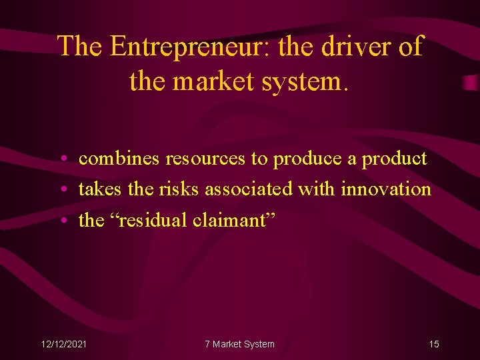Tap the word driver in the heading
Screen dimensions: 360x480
tap(353, 47)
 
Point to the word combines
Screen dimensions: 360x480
tap(119, 159)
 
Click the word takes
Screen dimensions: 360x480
tap(101, 189)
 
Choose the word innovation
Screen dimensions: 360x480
tap(386, 189)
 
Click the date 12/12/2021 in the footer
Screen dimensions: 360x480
tap(64, 344)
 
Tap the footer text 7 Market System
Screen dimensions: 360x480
tap(239, 344)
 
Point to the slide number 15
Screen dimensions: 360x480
tap(434, 344)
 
